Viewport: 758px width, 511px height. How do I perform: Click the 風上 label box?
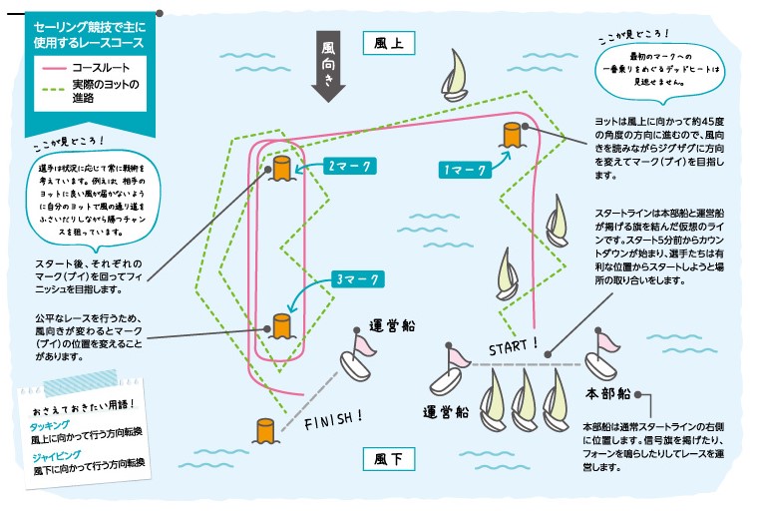388,44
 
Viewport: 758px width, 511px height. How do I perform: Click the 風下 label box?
388,459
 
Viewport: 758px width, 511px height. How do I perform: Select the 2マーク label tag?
348,163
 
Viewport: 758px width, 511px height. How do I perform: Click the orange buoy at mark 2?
280,168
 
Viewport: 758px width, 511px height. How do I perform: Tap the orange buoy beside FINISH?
264,430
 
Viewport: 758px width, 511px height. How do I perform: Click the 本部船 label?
607,392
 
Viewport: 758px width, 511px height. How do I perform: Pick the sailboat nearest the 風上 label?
456,75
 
